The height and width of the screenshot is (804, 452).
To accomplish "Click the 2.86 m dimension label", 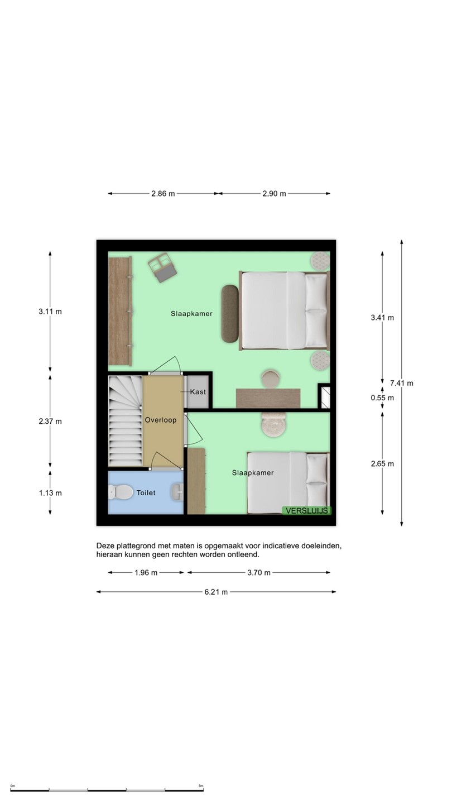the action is click(x=163, y=194).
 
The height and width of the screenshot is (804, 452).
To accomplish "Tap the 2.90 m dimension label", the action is click(x=274, y=194).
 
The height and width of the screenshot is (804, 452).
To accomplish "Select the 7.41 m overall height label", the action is click(x=402, y=384).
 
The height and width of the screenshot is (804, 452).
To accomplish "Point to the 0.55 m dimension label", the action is click(x=382, y=398).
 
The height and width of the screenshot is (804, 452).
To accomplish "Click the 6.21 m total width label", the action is click(x=216, y=592).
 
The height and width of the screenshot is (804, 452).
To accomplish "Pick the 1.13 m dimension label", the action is click(x=50, y=493).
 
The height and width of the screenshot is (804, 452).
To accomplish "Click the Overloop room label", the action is click(x=160, y=420).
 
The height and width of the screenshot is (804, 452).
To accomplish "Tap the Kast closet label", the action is click(x=198, y=392).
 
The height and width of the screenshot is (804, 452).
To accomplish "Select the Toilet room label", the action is click(x=146, y=493).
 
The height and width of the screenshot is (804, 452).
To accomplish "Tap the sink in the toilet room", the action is click(x=177, y=492).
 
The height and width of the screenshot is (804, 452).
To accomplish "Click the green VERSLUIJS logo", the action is click(x=307, y=511).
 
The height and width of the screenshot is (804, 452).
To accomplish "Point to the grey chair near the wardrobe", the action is click(x=162, y=267).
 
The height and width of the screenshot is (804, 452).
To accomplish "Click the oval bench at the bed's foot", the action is click(x=230, y=313).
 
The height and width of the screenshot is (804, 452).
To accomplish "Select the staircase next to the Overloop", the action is click(x=126, y=421).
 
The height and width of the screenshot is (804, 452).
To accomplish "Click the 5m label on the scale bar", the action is click(x=201, y=786).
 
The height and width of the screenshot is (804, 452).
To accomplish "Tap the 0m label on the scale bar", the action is click(x=12, y=786).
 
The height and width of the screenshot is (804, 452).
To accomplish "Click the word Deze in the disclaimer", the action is click(x=105, y=546).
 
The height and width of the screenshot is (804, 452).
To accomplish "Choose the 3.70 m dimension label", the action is click(x=259, y=573).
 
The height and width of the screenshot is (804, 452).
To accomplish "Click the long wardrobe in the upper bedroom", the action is click(x=120, y=311).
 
